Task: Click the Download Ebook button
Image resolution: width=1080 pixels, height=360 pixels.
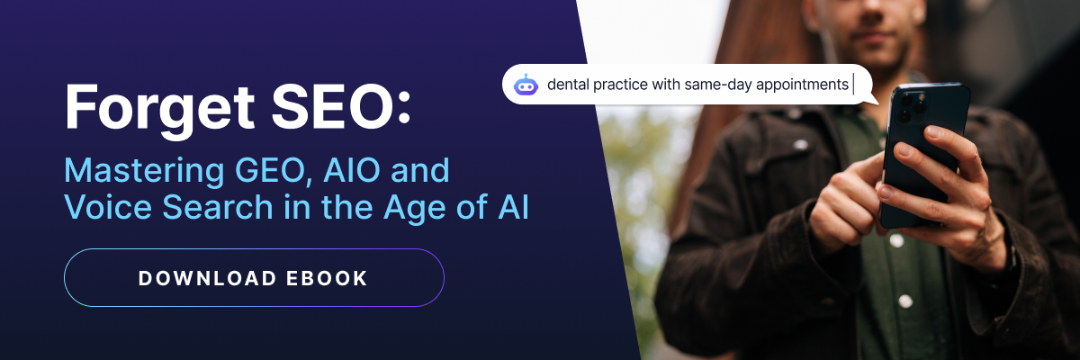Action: pos(254,278)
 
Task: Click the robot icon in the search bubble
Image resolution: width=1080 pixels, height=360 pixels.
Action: pos(526,85)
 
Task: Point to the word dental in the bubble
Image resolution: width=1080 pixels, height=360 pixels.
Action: pos(567,85)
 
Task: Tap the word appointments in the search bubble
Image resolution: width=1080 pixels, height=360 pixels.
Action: pos(803,85)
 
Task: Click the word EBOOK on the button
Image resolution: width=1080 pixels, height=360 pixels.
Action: pos(326,278)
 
